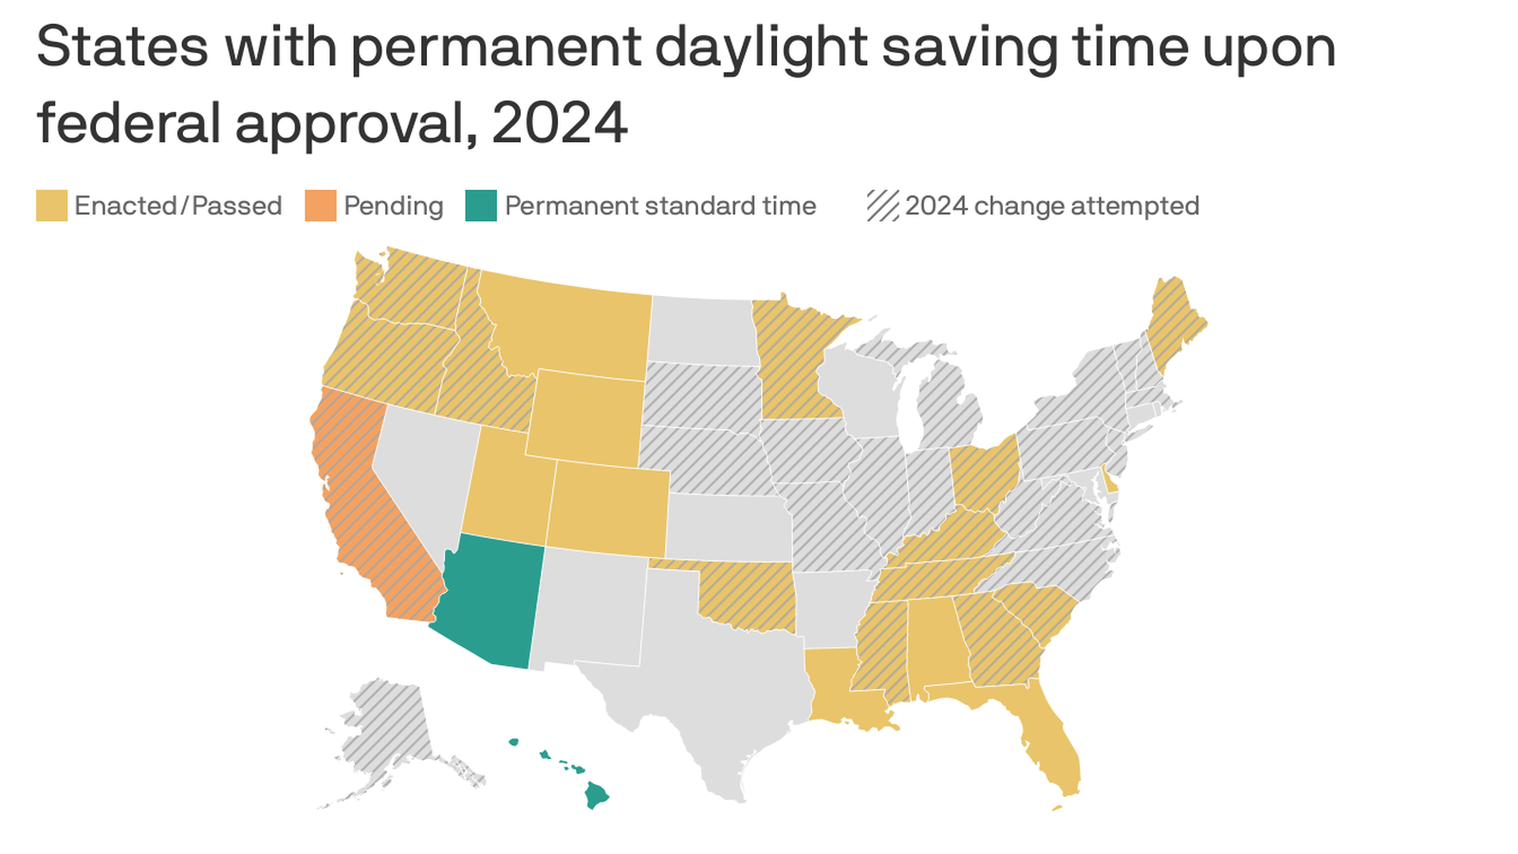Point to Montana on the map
(569, 327)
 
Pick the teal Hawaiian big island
(596, 795)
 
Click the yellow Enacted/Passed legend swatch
(52, 206)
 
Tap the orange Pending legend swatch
(321, 206)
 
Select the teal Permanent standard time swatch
(481, 206)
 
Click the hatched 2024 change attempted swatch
(882, 206)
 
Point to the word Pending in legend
(393, 206)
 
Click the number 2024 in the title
(559, 123)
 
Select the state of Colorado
(607, 508)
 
